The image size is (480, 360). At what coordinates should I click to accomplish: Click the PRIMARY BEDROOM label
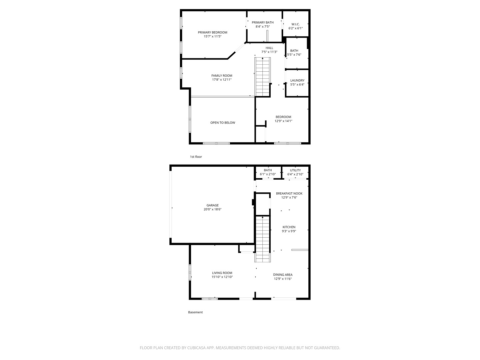pyautogui.click(x=212, y=32)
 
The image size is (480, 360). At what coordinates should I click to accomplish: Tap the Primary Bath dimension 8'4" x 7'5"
pyautogui.click(x=262, y=26)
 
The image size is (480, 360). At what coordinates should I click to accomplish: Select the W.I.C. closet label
pyautogui.click(x=295, y=24)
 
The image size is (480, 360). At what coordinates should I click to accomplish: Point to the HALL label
pyautogui.click(x=269, y=48)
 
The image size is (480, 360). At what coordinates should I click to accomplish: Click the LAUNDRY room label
pyautogui.click(x=297, y=80)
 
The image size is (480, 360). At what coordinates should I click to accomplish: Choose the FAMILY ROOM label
pyautogui.click(x=222, y=76)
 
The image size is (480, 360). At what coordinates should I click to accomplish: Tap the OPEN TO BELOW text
pyautogui.click(x=223, y=123)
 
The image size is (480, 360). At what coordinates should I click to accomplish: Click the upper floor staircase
pyautogui.click(x=262, y=77)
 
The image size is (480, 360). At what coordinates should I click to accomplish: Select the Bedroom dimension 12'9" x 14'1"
pyautogui.click(x=283, y=121)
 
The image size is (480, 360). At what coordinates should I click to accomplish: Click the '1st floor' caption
pyautogui.click(x=196, y=157)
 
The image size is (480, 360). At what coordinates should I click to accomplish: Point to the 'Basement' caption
pyautogui.click(x=195, y=312)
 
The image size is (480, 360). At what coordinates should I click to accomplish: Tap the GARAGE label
pyautogui.click(x=212, y=205)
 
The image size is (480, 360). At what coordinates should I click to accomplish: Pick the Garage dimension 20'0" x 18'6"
pyautogui.click(x=212, y=209)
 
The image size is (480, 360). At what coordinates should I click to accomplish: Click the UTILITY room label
pyautogui.click(x=295, y=170)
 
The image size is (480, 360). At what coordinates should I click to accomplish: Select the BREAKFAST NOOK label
pyautogui.click(x=289, y=193)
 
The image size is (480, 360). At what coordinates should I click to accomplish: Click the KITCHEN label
pyautogui.click(x=289, y=227)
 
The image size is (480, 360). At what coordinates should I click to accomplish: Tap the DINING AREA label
pyautogui.click(x=283, y=275)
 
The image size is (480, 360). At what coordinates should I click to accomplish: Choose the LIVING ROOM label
pyautogui.click(x=222, y=273)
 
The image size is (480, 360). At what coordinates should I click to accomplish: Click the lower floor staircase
pyautogui.click(x=262, y=239)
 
